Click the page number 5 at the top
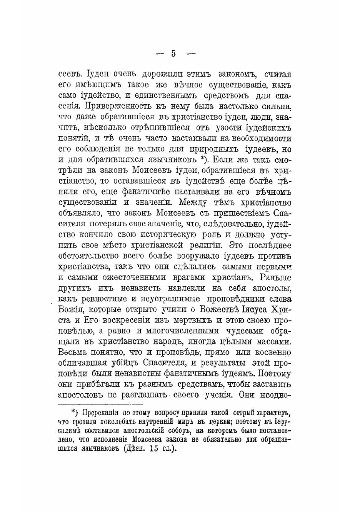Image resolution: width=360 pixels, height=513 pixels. point(173,53)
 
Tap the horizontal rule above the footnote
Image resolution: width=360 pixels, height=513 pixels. point(99,404)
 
